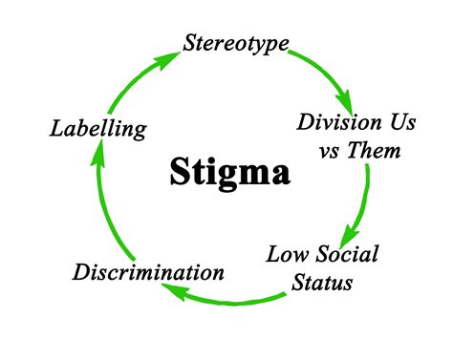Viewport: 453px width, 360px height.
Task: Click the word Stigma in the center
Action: (230, 173)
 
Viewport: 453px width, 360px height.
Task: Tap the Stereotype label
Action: (234, 43)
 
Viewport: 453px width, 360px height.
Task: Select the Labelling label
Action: (99, 127)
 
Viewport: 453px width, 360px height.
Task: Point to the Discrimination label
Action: (149, 272)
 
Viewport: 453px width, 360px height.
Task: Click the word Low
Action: (286, 254)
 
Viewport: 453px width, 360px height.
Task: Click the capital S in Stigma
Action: (181, 172)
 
